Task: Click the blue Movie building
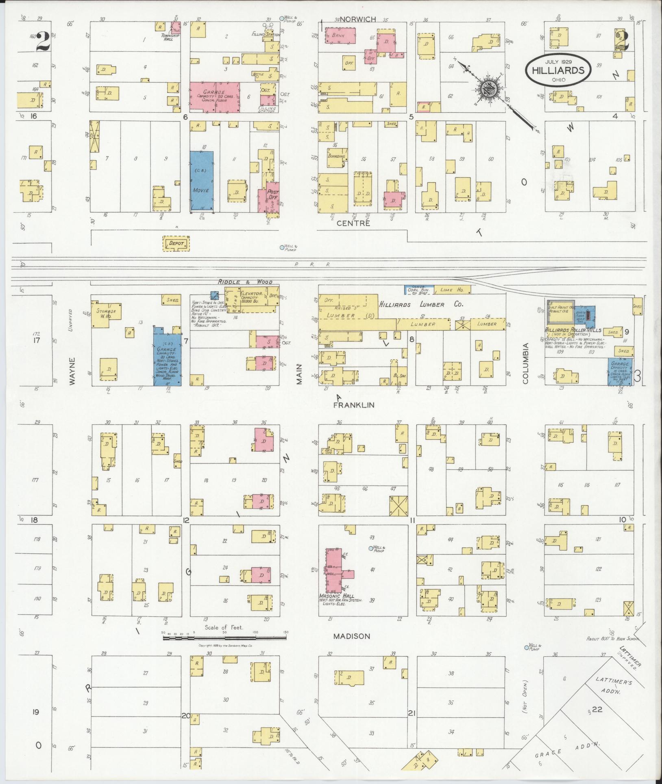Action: (x=202, y=181)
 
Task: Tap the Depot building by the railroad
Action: (x=176, y=244)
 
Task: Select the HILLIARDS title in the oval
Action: (x=558, y=70)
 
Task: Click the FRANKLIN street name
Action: (x=353, y=405)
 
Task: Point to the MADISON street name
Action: (x=352, y=636)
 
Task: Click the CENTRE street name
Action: (x=353, y=223)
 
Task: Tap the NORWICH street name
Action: (x=358, y=19)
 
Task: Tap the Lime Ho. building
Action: (x=453, y=290)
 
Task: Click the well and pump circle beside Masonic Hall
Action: (x=370, y=548)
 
